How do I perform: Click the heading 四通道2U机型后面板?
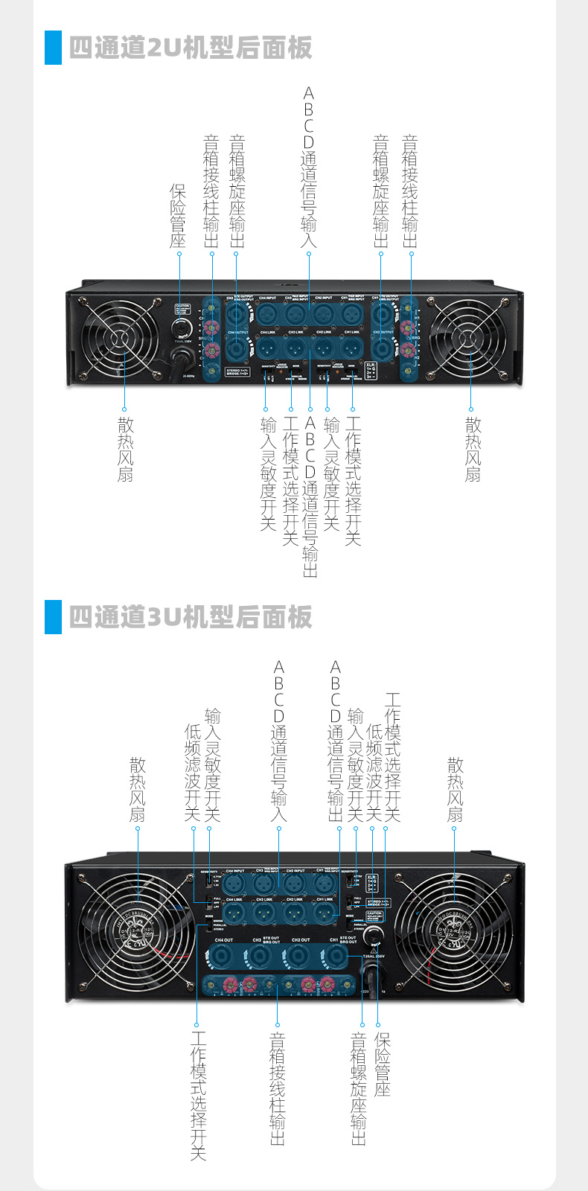(190, 48)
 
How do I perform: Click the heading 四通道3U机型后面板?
(190, 617)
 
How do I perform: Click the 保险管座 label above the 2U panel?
(178, 217)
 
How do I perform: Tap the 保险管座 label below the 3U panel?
(383, 1064)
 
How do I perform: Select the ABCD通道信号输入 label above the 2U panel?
(309, 167)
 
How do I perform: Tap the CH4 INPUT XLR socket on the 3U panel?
(234, 884)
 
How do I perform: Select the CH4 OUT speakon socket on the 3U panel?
(223, 956)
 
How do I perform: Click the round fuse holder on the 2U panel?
(182, 328)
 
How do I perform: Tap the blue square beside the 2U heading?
(53, 48)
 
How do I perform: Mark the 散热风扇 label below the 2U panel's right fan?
(473, 450)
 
